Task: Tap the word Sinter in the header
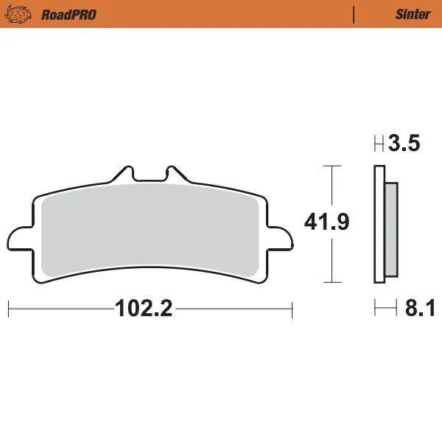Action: [413, 14]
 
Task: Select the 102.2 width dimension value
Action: [144, 309]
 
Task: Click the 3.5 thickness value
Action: [405, 144]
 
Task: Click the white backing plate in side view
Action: [379, 225]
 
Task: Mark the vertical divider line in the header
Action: [354, 14]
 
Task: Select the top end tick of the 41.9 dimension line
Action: [334, 166]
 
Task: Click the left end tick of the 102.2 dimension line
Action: [8, 309]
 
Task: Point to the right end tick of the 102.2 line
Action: [292, 309]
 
